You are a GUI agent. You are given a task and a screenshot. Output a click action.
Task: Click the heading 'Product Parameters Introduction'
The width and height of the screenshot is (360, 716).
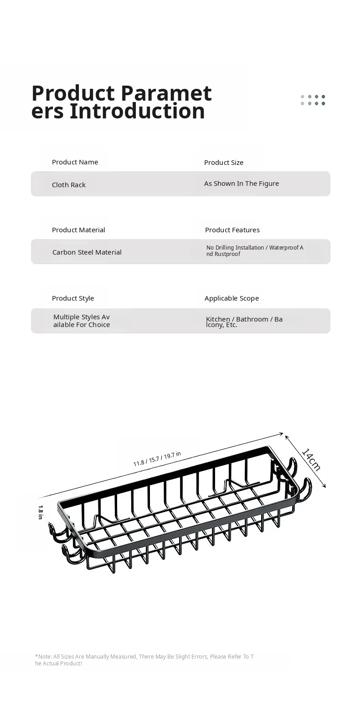tap(121, 102)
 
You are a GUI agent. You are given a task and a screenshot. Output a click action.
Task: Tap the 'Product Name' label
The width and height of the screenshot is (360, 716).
tap(75, 162)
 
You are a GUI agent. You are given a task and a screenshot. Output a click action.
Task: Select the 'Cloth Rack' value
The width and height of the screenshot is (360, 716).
tap(69, 184)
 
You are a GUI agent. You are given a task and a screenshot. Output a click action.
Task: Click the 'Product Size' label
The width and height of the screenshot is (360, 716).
tap(224, 163)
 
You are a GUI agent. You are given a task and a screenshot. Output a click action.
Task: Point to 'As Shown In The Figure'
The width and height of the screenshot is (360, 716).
tap(242, 184)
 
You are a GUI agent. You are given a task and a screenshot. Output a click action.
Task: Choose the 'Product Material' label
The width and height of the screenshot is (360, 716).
tap(78, 230)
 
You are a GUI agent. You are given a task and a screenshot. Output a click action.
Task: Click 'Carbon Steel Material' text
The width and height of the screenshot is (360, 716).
tap(87, 252)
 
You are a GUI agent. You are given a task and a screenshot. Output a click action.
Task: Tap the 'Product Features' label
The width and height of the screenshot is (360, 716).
tap(232, 230)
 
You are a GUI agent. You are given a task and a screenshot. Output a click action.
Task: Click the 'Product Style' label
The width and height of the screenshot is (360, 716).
tap(73, 298)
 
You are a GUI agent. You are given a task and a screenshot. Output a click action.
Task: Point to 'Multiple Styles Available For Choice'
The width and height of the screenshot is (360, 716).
tap(82, 321)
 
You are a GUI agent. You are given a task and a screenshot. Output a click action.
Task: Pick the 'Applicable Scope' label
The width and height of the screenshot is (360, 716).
tap(231, 298)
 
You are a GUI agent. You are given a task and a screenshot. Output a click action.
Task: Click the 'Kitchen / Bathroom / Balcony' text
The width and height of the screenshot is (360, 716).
tap(244, 322)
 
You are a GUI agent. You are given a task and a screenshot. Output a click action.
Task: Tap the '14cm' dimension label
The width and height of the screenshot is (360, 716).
tap(311, 460)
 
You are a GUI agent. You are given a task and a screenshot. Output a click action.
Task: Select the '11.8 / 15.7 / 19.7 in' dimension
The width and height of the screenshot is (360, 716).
tap(157, 459)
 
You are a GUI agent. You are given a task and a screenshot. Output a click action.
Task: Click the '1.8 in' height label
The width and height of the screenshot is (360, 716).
tap(41, 512)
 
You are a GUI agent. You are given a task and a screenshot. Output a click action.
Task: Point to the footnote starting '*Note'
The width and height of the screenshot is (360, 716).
tap(144, 660)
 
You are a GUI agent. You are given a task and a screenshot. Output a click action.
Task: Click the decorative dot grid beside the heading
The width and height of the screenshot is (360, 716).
tap(313, 100)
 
